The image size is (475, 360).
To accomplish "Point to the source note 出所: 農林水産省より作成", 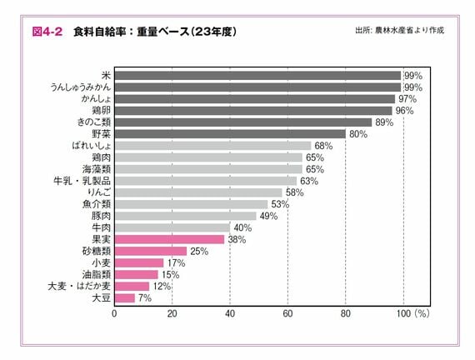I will (399, 31).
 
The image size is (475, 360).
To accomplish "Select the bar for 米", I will (257, 75).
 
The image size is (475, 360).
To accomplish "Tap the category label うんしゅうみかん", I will (80, 87).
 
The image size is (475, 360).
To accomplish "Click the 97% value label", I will (407, 98).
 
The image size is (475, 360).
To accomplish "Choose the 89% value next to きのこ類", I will (384, 122).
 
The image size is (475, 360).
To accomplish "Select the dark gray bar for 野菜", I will (229, 133).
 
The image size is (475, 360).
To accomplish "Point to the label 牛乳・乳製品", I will (82, 180).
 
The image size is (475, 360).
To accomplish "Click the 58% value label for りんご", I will (294, 192).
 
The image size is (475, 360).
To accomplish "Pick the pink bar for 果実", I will (169, 238).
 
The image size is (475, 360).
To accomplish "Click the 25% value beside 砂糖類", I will (198, 251).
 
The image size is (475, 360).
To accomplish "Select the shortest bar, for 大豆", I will (124, 297).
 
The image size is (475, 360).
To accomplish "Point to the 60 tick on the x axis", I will (287, 314).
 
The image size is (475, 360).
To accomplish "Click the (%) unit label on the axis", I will (421, 314).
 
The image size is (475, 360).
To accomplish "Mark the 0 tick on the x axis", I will (114, 314).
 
